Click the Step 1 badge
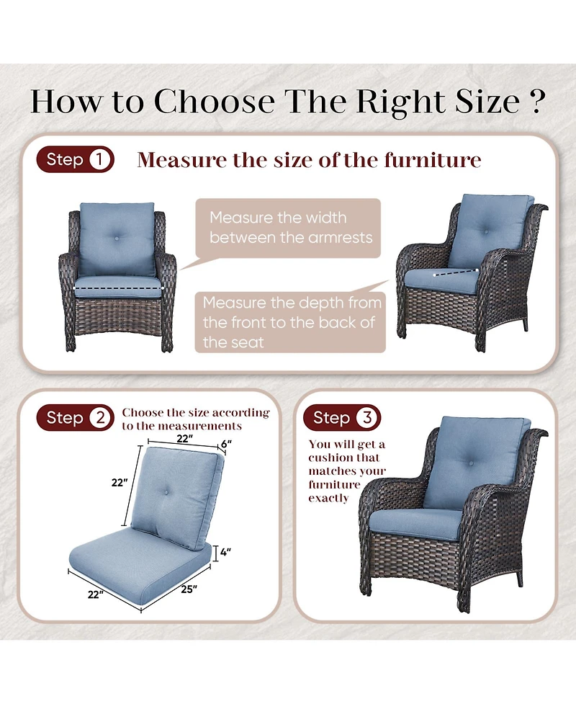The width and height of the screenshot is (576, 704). pos(76,159)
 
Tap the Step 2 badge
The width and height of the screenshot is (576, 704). pos(76,417)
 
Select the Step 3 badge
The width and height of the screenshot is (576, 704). pos(342,417)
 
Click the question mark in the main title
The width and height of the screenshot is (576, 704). pos(537,101)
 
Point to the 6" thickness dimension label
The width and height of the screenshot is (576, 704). pos(226,444)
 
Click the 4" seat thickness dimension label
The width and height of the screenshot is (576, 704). pos(225,552)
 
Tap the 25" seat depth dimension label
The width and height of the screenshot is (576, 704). pos(189,589)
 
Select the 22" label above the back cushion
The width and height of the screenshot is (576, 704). pos(184,438)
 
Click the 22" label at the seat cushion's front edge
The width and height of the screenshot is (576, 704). pos(95,594)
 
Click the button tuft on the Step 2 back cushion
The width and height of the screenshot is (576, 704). pos(166,493)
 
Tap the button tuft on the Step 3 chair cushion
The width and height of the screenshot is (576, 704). pos(471,463)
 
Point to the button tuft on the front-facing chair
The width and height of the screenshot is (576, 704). pos(117,239)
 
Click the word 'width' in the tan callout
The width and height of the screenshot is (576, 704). pos(324,218)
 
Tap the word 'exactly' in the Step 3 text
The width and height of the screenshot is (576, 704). pos(328,499)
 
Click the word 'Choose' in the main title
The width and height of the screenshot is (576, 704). pos(215,101)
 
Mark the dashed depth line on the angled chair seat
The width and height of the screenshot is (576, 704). pos(456,272)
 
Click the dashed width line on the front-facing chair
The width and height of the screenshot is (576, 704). pos(117,288)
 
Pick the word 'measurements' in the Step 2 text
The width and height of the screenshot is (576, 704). pos(200,426)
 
